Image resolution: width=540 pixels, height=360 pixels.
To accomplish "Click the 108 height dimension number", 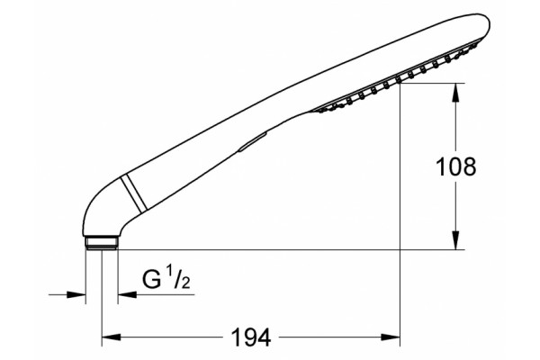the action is pyautogui.click(x=455, y=166).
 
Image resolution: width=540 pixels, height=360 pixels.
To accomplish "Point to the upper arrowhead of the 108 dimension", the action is pyautogui.click(x=455, y=93).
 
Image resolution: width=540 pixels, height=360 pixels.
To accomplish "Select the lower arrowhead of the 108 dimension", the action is pyautogui.click(x=455, y=240).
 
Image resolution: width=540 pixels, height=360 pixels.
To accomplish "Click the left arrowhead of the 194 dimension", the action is pyautogui.click(x=112, y=337).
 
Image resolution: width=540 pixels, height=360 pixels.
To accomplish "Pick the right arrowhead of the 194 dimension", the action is pyautogui.click(x=391, y=337).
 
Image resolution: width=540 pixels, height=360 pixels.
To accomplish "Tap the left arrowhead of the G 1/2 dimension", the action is pyautogui.click(x=76, y=294).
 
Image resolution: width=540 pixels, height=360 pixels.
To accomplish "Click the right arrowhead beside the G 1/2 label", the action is pyautogui.click(x=128, y=294).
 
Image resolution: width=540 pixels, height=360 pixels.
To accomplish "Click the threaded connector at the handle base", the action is pyautogui.click(x=102, y=243).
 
